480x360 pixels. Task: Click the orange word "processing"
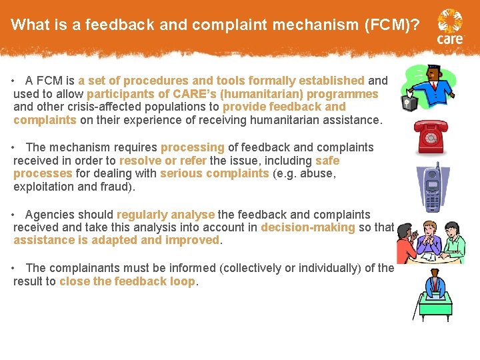193,147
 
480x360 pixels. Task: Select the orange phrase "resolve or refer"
163,161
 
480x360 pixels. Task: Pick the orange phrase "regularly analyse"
165,215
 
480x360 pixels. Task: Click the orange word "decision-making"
308,228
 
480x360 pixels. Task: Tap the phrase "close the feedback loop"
127,281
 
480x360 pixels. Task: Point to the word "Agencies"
48,215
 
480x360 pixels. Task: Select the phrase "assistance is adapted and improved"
116,241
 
